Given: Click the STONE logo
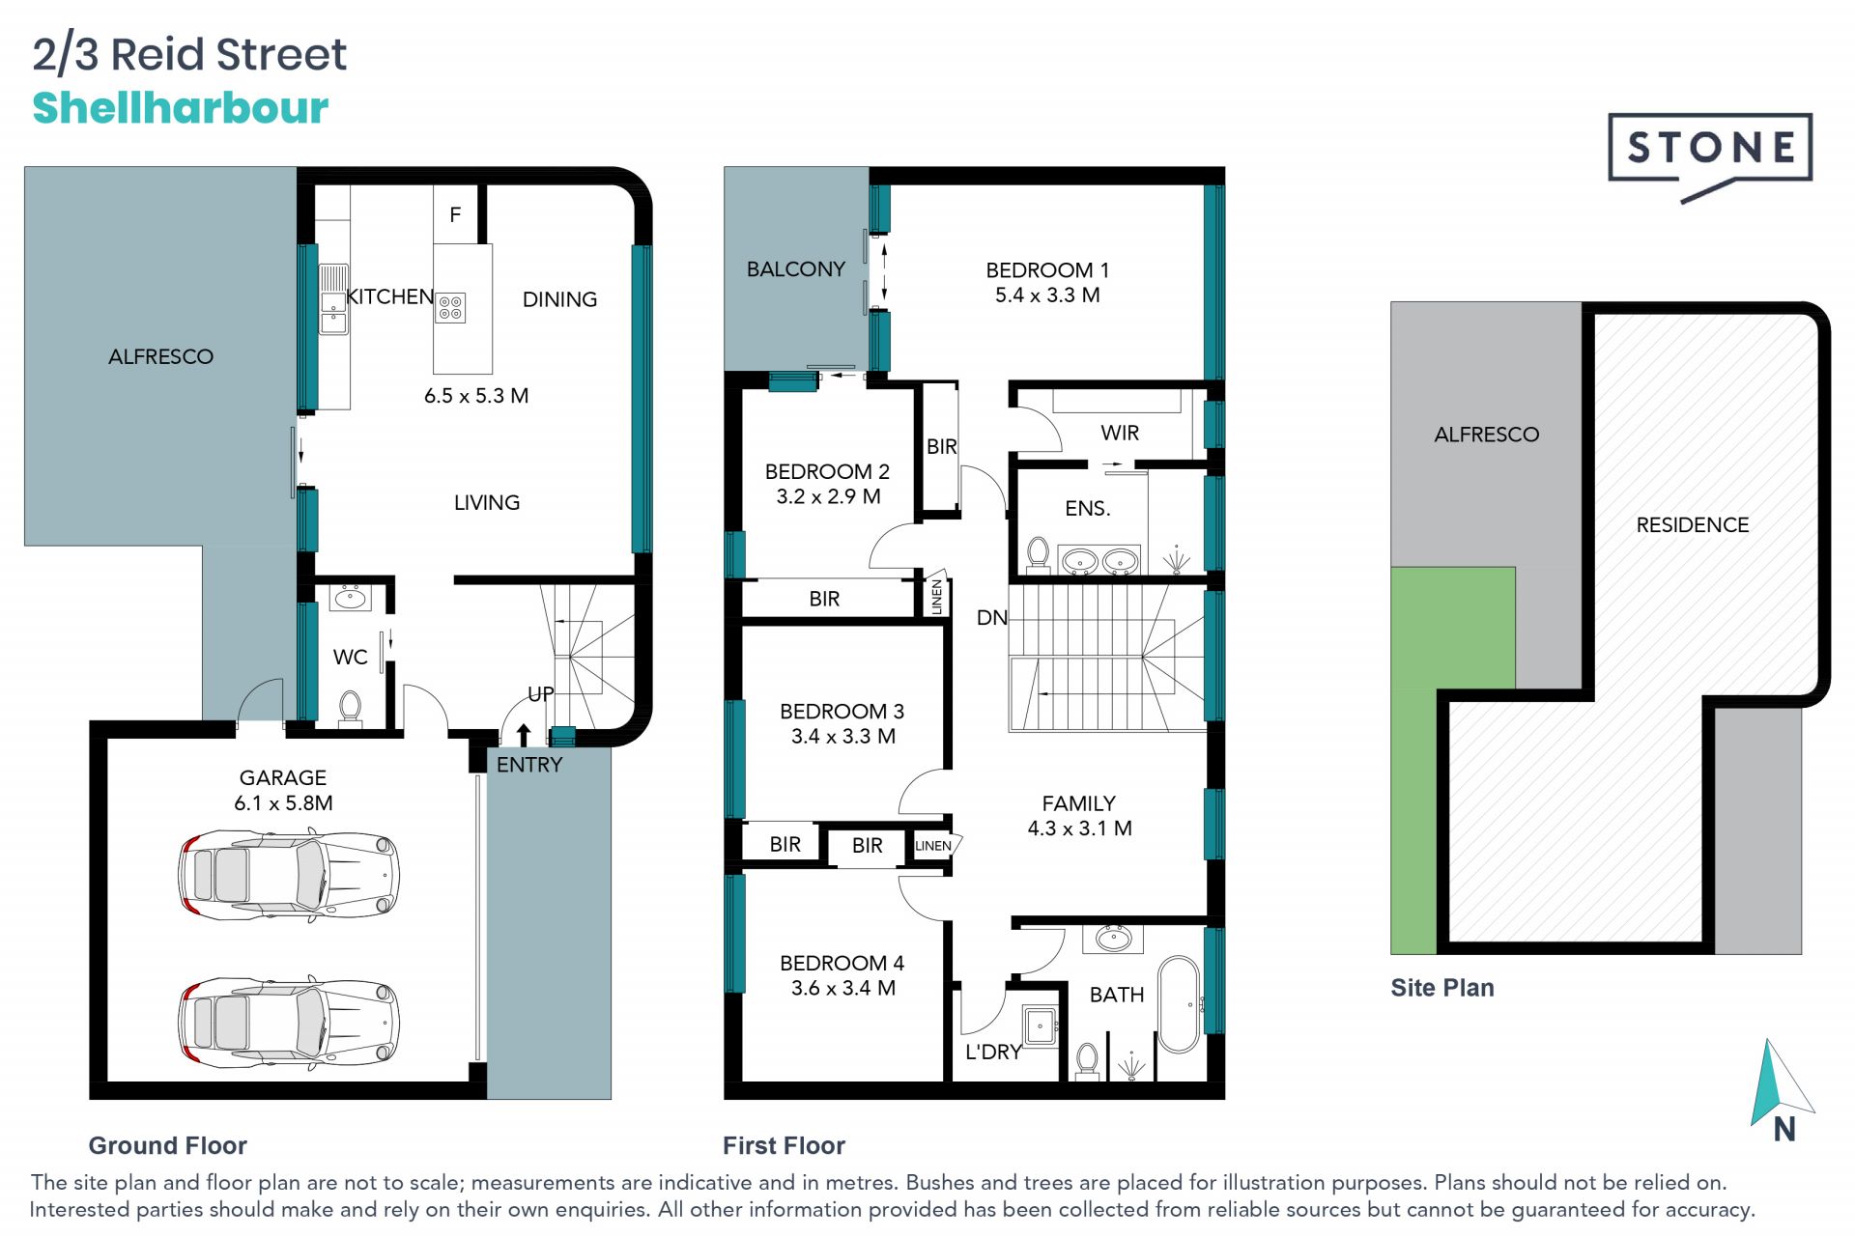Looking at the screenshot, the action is click(x=1709, y=154).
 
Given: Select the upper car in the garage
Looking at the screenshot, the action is click(x=288, y=875).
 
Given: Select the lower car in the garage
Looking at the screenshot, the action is click(x=288, y=1022).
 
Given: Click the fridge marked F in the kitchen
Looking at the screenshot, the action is click(x=455, y=213).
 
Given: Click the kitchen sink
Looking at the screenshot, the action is click(x=333, y=299).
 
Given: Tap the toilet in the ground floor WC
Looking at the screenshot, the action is click(x=350, y=708).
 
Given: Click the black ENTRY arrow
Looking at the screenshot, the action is click(x=524, y=735).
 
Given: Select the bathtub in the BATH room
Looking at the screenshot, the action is click(x=1179, y=1004).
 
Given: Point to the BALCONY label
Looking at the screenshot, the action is click(x=796, y=269).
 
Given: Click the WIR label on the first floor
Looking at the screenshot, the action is click(x=1120, y=433).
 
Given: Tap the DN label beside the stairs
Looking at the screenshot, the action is click(x=992, y=618).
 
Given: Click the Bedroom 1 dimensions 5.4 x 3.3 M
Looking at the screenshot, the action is click(x=1047, y=295).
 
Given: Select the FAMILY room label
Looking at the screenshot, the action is click(x=1079, y=803).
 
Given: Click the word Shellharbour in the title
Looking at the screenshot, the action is click(x=181, y=107).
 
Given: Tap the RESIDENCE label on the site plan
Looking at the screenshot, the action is click(x=1693, y=525).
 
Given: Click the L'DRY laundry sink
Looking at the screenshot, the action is click(x=1040, y=1025).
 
